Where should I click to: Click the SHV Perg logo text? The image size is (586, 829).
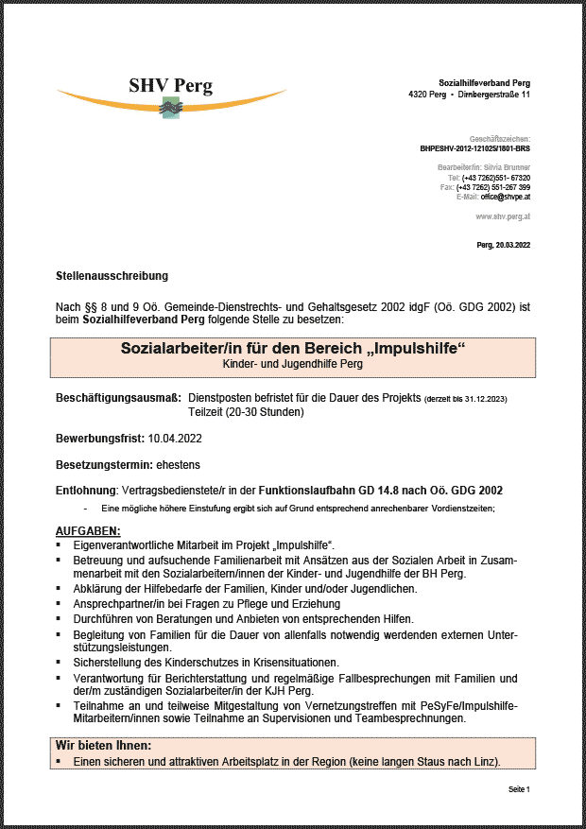click(171, 85)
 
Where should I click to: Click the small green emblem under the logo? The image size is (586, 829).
click(170, 108)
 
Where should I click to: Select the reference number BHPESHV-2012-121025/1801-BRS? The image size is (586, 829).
click(474, 149)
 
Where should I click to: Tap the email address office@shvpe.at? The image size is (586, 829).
click(506, 197)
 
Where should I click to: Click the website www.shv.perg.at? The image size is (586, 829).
click(502, 216)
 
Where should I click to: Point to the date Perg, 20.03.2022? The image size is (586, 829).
click(504, 246)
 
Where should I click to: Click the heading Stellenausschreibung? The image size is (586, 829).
click(112, 276)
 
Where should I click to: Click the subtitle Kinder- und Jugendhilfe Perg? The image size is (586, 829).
click(292, 364)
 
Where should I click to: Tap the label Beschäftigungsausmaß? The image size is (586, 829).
click(118, 399)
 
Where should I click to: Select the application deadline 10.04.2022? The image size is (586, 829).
click(175, 439)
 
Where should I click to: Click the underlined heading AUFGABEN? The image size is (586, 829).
click(88, 532)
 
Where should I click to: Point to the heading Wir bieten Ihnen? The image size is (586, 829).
click(104, 746)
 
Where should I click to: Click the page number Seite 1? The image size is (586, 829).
click(519, 788)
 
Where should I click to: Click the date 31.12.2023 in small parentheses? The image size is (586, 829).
click(482, 400)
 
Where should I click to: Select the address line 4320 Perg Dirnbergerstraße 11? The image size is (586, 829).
click(469, 95)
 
